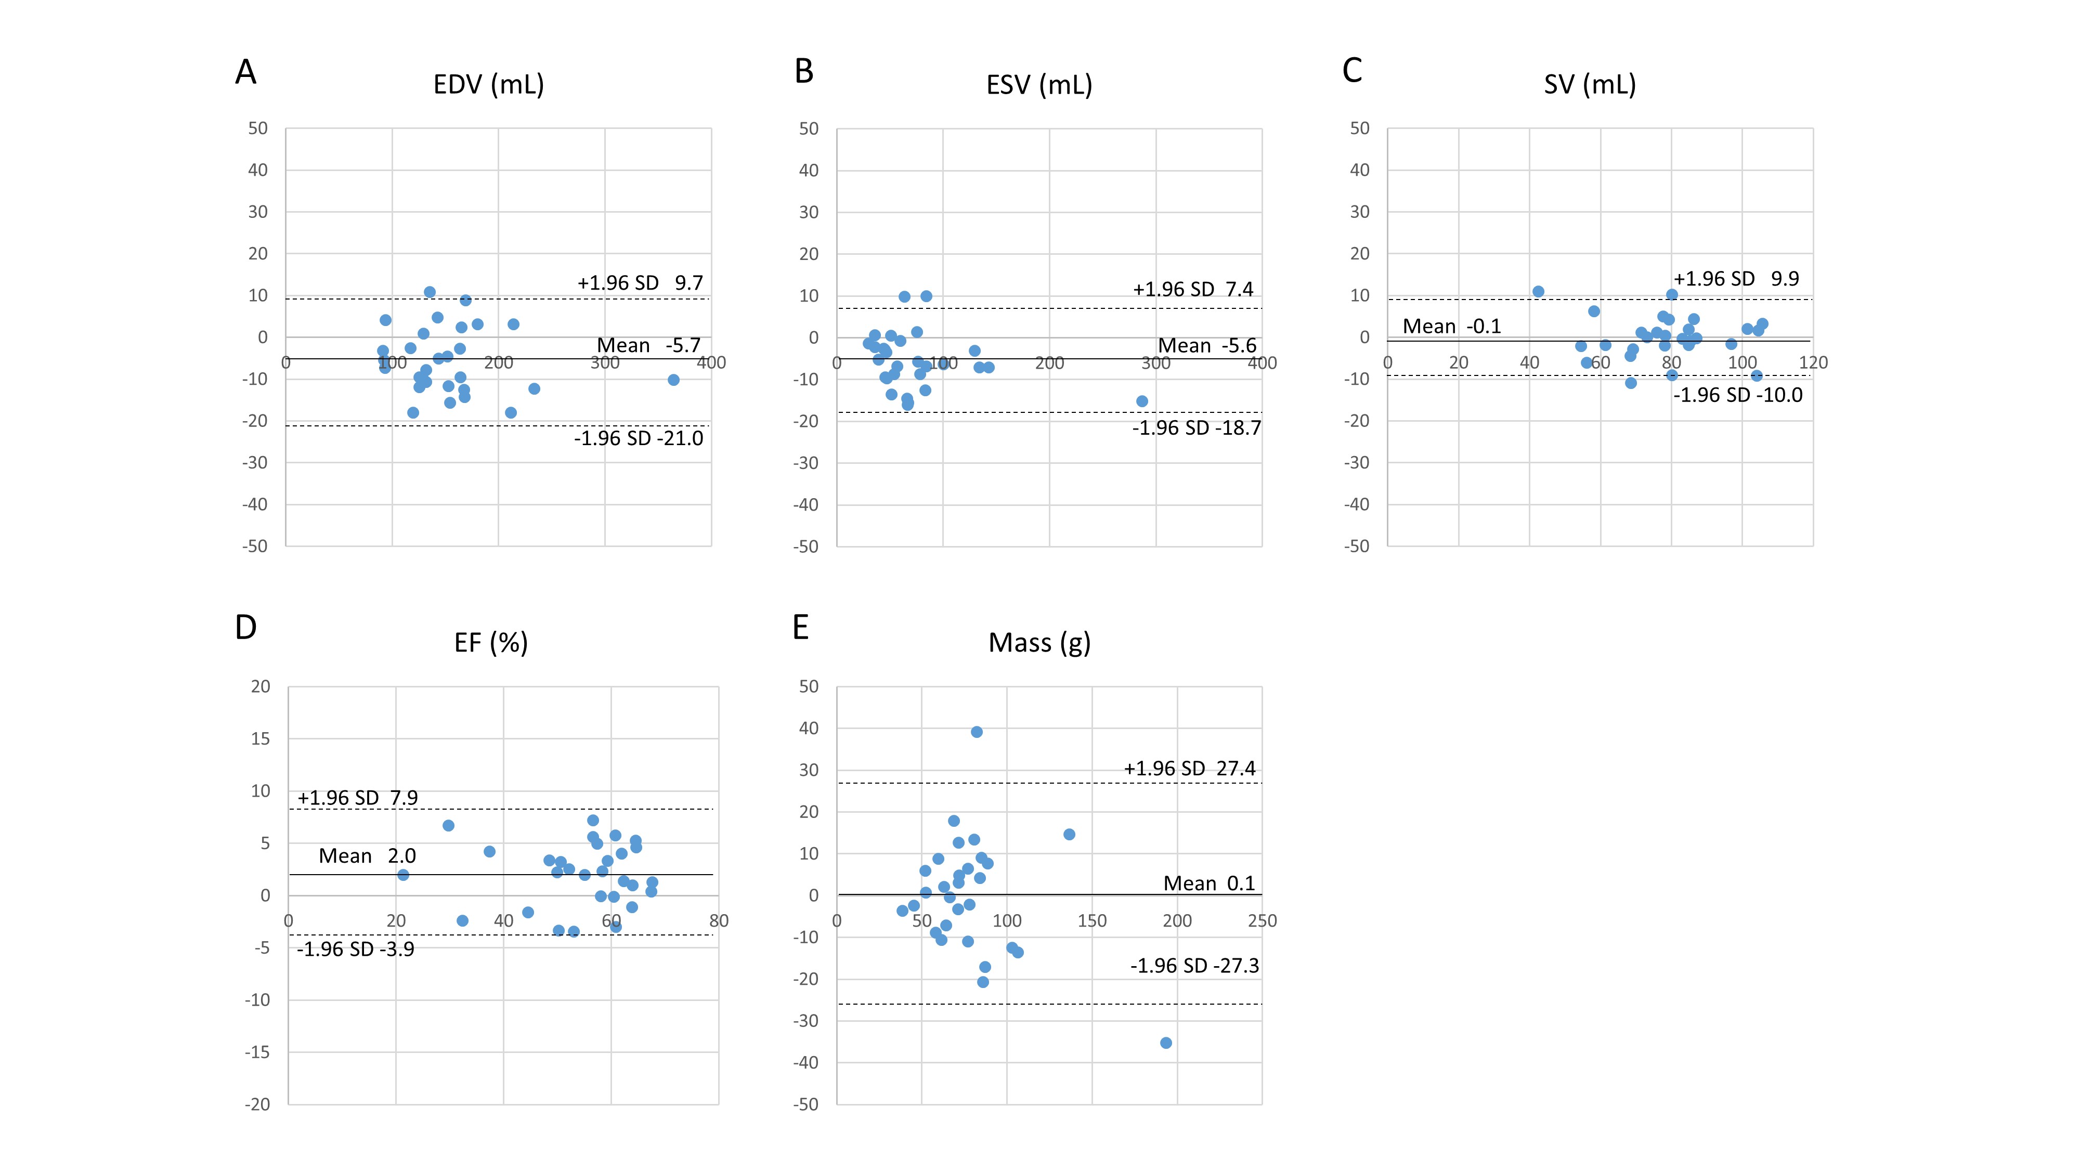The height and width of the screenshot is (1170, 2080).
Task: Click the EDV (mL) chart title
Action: [488, 85]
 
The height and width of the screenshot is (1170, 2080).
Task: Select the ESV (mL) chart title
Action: [1039, 85]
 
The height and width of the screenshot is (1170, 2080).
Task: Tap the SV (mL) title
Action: [1590, 85]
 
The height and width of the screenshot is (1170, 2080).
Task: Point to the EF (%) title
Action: [491, 643]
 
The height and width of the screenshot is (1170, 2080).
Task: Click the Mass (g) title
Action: [1039, 643]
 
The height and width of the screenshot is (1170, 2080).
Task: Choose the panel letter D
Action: [245, 628]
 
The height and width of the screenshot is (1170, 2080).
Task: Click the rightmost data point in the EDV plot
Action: [673, 380]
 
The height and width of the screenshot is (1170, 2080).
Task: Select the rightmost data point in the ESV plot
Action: [1142, 401]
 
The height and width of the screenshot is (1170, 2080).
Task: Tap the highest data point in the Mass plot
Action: [976, 732]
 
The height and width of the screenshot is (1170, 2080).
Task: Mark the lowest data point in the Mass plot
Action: [1166, 1043]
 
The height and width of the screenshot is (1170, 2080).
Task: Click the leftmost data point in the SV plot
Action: [1538, 292]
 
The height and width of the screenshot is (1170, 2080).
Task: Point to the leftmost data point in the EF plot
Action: [403, 875]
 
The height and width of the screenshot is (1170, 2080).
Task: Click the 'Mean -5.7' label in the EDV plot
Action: [648, 346]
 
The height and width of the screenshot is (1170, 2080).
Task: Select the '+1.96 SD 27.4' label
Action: [1189, 769]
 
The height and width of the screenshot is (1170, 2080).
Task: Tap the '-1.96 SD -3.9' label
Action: [355, 949]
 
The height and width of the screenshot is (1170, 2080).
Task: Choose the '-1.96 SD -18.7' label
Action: [1196, 428]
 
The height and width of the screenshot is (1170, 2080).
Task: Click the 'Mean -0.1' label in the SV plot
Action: [1451, 326]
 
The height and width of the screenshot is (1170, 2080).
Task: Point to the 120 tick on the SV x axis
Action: [1813, 362]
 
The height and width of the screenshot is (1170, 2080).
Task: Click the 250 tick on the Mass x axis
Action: [1262, 920]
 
